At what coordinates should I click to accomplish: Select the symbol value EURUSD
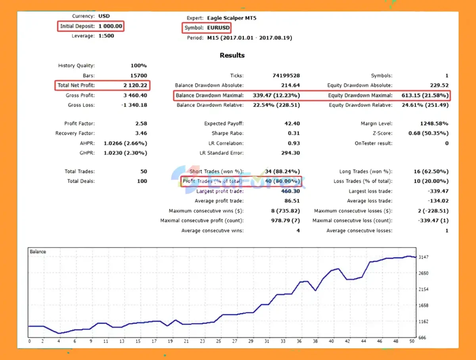pos(218,28)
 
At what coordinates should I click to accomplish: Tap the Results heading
pos(232,56)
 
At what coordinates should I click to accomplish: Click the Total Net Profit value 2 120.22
pos(135,86)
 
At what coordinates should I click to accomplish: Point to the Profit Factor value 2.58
pos(141,124)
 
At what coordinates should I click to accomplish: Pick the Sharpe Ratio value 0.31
pos(294,134)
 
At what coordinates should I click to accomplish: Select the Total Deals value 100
pos(142,181)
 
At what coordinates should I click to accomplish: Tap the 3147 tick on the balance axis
pos(424,257)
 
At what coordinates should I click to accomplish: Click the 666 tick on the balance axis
pos(422,337)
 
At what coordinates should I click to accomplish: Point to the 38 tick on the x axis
pos(315,341)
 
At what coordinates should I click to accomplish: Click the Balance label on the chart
pos(38,251)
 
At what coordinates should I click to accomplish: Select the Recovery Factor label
pos(75,134)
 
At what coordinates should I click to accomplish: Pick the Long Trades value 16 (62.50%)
pos(431,172)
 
